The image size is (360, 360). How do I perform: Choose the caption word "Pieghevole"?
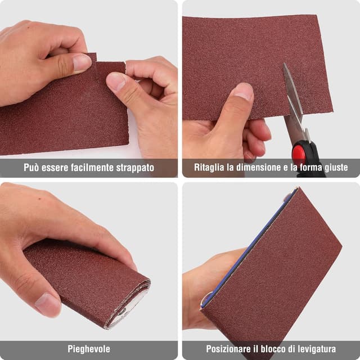point(89,349)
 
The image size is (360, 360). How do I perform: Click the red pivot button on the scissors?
point(299,153)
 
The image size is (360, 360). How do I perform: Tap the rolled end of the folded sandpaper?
point(130,304)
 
